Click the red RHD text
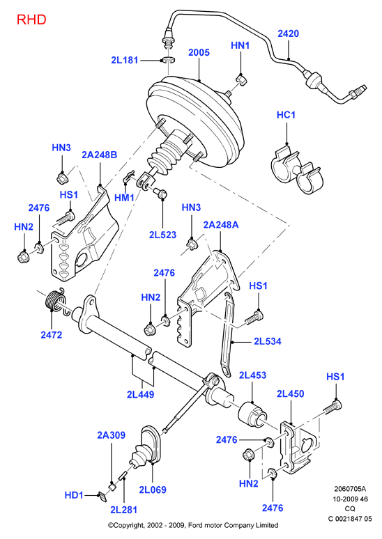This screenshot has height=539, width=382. point(31,19)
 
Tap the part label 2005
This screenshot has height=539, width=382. point(199,52)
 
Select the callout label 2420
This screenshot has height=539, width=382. point(289,33)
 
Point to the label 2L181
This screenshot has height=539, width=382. point(125,60)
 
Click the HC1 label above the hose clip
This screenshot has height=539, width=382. point(286,114)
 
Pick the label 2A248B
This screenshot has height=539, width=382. point(100,155)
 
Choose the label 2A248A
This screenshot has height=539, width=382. point(221,225)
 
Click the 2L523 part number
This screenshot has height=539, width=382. point(163,235)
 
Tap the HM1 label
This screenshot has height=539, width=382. point(124,198)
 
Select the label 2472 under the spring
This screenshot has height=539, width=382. point(52,334)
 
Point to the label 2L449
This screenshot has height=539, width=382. point(140,394)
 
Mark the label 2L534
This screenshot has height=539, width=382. point(268,341)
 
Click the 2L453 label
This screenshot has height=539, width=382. point(252,375)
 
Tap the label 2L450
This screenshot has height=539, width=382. point(291,393)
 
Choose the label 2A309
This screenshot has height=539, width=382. point(111,435)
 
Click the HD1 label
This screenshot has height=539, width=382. point(74,495)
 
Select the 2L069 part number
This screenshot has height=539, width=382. point(153,490)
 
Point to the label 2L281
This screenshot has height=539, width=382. point(123,510)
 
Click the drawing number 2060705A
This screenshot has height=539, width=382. point(350,488)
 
